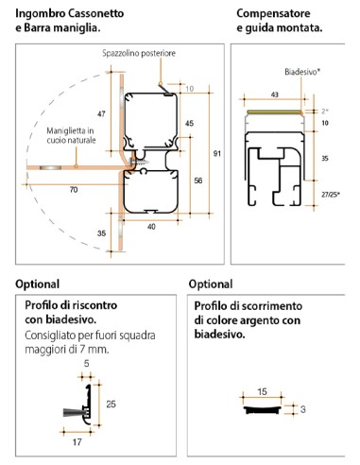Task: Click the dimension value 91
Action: [x=217, y=153]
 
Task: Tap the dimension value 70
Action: [x=74, y=190]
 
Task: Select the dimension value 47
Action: [x=101, y=113]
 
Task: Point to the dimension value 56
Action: [x=198, y=181]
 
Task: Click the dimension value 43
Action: [x=275, y=95]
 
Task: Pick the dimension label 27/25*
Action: [x=331, y=195]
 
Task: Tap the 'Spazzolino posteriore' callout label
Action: [x=139, y=53]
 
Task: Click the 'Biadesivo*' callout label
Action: [x=302, y=72]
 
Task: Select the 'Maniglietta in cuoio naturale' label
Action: [x=71, y=135]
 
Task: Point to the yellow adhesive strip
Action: [x=275, y=112]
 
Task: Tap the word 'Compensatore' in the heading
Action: [x=273, y=13]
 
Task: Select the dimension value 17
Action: [x=77, y=442]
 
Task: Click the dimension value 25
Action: [x=111, y=404]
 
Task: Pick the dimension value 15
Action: [x=262, y=392]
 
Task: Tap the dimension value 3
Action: [x=302, y=409]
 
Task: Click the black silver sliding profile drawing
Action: [x=262, y=409]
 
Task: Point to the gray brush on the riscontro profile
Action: [x=74, y=412]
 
